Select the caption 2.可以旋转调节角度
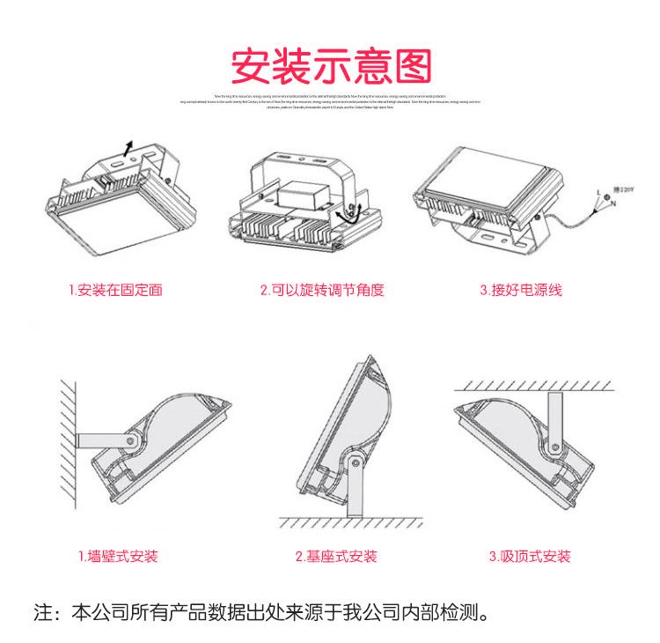coord(322,289)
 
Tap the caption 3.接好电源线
coord(519,289)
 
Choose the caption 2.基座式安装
coord(336,557)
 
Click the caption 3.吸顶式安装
coord(530,557)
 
